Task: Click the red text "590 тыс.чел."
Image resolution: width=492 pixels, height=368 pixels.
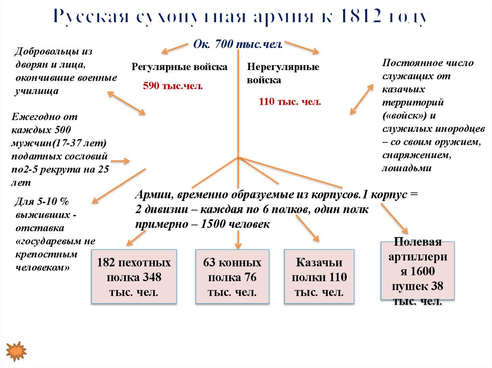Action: [x=173, y=86]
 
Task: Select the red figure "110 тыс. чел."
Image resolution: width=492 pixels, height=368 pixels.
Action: [x=290, y=102]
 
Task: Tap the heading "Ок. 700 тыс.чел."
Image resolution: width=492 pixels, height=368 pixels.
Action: [x=237, y=44]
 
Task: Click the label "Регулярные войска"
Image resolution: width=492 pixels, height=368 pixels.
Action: [x=180, y=67]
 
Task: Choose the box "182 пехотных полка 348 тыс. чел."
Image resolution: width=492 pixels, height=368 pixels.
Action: [x=134, y=277]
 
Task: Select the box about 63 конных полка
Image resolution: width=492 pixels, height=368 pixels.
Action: [x=233, y=277]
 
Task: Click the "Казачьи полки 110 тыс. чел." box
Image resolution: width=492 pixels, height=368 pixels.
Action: [x=319, y=277]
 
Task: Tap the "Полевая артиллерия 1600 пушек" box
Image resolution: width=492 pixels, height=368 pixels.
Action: [x=417, y=272]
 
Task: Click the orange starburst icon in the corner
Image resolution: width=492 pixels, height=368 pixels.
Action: [x=16, y=351]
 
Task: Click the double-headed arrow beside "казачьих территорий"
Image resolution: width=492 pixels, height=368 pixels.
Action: [x=361, y=99]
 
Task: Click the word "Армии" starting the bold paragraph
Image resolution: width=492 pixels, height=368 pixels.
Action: [x=153, y=196]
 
